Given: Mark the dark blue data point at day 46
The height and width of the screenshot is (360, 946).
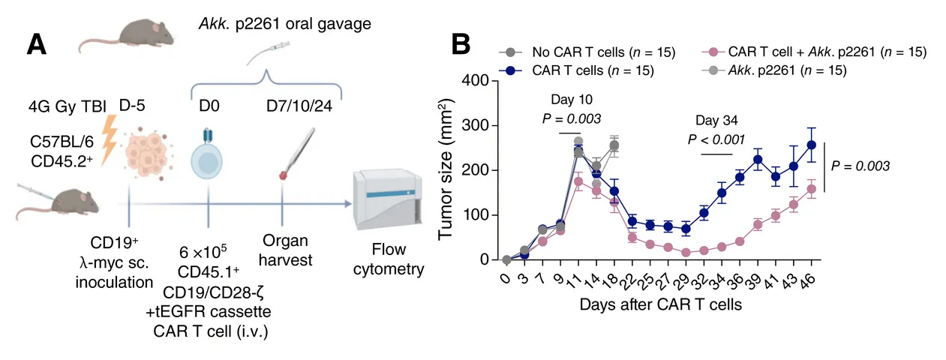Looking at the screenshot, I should coord(811,145).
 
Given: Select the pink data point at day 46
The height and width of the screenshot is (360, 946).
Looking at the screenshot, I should coord(811,189).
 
